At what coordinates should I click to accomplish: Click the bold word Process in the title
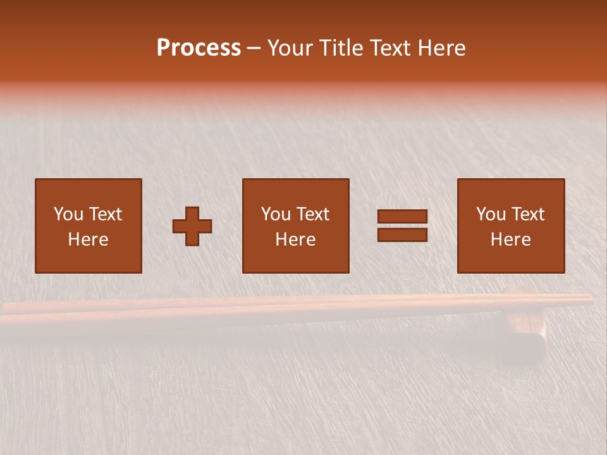point(199,48)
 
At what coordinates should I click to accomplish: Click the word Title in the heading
point(344,48)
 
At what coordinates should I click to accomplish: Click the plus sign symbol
point(192,226)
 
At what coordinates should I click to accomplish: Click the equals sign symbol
point(402,226)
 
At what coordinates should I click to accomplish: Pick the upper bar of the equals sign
point(402,217)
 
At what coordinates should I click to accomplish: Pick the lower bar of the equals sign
point(402,234)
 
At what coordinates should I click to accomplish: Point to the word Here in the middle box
point(295,240)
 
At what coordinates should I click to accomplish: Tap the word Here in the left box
point(88,240)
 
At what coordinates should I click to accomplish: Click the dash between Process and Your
point(254,49)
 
